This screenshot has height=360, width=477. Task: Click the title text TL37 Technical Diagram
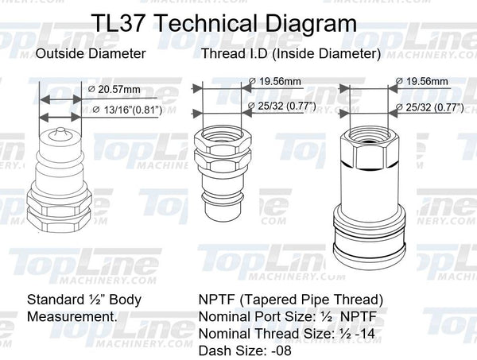[225, 21]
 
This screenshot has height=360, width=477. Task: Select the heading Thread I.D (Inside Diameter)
[290, 55]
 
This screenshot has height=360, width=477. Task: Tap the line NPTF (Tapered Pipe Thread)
[291, 301]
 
